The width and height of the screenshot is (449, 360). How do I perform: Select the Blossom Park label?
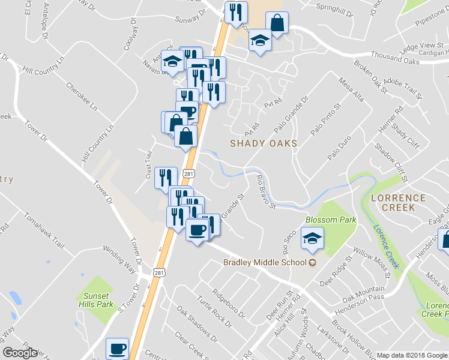click(331, 220)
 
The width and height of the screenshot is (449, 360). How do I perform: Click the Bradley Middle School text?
click(265, 262)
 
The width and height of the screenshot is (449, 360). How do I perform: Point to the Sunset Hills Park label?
click(96, 300)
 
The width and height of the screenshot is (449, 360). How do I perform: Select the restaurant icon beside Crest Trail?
click(166, 178)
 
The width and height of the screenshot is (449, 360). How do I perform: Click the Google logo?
click(20, 353)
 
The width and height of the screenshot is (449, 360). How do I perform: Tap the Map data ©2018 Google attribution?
click(412, 355)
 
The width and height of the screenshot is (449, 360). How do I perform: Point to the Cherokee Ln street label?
click(81, 97)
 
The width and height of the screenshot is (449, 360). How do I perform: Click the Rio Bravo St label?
click(265, 191)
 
